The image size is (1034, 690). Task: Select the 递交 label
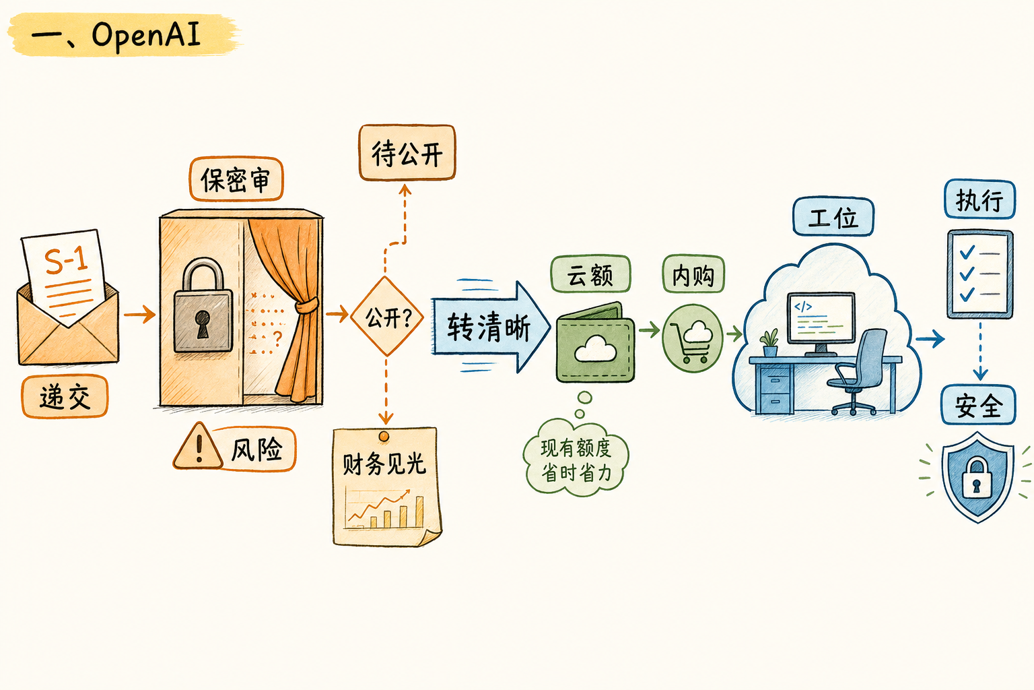pyautogui.click(x=65, y=396)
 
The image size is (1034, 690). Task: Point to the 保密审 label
pyautogui.click(x=236, y=179)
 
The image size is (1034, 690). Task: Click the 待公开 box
pyautogui.click(x=407, y=152)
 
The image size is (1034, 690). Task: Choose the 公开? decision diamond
pyautogui.click(x=387, y=316)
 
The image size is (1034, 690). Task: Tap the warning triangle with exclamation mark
pyautogui.click(x=198, y=446)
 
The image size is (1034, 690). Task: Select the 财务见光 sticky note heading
pyautogui.click(x=384, y=464)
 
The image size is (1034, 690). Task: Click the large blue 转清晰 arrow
pyautogui.click(x=490, y=326)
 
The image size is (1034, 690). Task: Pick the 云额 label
pyautogui.click(x=590, y=274)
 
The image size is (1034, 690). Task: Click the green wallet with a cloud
pyautogui.click(x=596, y=342)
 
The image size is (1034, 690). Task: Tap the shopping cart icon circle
pyautogui.click(x=692, y=338)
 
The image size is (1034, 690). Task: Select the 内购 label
pyautogui.click(x=693, y=274)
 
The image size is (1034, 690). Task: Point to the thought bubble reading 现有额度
pyautogui.click(x=576, y=458)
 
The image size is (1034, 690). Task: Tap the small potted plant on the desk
pyautogui.click(x=769, y=342)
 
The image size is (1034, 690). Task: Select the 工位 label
pyautogui.click(x=833, y=217)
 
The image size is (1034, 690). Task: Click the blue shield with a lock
pyautogui.click(x=977, y=477)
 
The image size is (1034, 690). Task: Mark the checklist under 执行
pyautogui.click(x=980, y=274)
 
